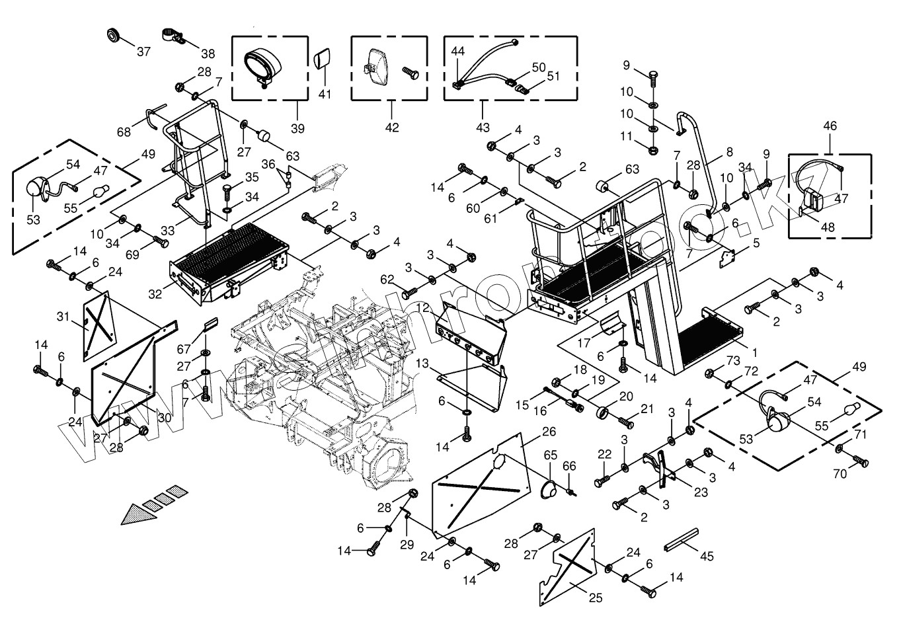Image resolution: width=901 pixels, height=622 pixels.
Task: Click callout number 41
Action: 324,95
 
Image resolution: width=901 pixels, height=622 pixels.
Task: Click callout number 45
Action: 707,557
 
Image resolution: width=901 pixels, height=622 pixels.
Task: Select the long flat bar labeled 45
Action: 681,541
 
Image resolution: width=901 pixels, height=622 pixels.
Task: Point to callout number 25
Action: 596,598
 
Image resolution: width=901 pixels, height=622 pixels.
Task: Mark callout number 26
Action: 548,432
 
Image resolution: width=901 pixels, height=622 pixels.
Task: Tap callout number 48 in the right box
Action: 827,227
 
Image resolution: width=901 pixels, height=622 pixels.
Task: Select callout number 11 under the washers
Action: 626,137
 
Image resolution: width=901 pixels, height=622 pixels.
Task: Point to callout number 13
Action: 423,364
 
